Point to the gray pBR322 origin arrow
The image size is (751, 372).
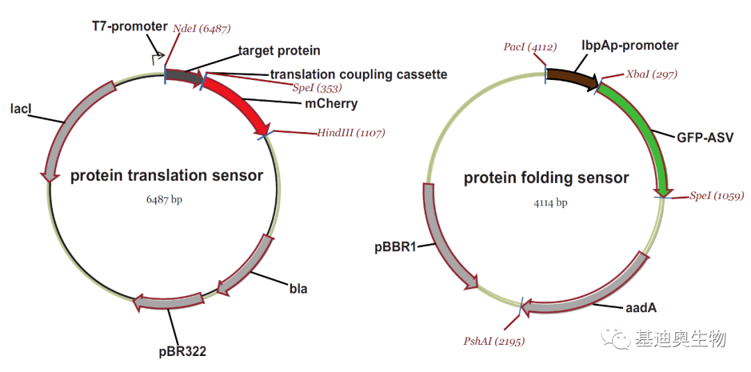pyautogui.click(x=168, y=302)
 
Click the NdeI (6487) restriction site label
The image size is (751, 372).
pyautogui.click(x=202, y=29)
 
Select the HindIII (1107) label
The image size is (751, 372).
pyautogui.click(x=350, y=133)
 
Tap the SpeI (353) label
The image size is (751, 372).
pyautogui.click(x=317, y=88)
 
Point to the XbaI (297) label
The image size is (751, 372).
pyautogui.click(x=652, y=74)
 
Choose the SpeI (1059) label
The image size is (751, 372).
pyautogui.click(x=717, y=195)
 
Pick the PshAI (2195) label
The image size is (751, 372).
pyautogui.click(x=494, y=341)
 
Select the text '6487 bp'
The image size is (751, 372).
pyautogui.click(x=164, y=200)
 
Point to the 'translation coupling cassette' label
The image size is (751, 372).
pyautogui.click(x=359, y=74)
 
